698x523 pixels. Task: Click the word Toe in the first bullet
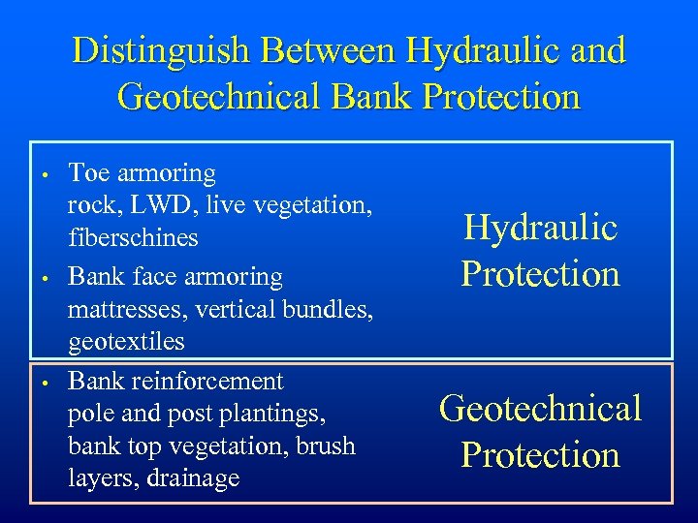point(89,173)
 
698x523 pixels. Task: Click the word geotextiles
point(126,342)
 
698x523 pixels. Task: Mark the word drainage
point(190,478)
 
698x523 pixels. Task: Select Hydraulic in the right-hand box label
point(540,229)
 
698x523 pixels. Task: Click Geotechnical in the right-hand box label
point(540,409)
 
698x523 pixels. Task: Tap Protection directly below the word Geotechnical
point(540,455)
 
